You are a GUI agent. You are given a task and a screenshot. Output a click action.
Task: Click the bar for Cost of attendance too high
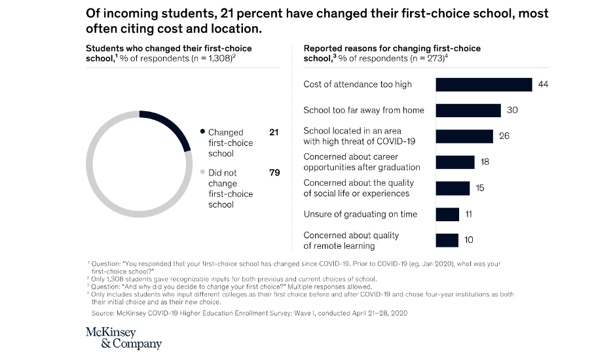(483, 84)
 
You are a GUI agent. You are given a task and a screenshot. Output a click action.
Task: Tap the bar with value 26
(464, 136)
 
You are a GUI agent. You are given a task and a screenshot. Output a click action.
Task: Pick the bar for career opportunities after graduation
(455, 162)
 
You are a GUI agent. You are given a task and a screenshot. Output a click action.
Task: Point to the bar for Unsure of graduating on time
(447, 214)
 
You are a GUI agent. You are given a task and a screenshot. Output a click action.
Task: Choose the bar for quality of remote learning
(447, 240)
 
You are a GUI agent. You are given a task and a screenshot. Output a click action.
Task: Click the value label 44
(543, 84)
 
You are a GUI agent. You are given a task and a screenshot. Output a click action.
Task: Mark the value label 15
(480, 189)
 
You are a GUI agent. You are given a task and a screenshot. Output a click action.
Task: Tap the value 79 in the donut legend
(274, 173)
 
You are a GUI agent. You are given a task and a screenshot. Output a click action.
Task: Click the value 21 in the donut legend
(274, 132)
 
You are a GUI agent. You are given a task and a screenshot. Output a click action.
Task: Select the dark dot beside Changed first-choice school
(202, 132)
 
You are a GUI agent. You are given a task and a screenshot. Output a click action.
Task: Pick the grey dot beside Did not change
(202, 173)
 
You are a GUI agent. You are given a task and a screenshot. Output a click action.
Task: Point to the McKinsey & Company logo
(123, 338)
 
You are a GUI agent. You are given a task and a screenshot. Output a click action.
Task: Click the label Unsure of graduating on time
(360, 214)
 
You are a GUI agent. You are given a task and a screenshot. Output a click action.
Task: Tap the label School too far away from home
(363, 110)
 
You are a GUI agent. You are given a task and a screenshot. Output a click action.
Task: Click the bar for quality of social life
(453, 189)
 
